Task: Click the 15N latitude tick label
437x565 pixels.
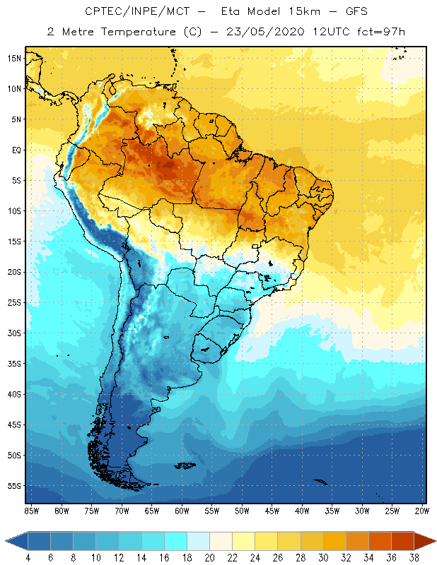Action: click(x=14, y=58)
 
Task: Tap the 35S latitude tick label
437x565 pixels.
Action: click(x=14, y=363)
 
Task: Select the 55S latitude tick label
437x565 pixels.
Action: click(x=14, y=486)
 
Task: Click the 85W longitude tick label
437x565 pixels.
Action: click(x=31, y=510)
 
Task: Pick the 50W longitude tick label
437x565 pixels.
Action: click(x=243, y=510)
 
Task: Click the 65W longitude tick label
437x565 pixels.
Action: click(x=152, y=510)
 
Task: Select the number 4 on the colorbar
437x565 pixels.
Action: click(x=28, y=557)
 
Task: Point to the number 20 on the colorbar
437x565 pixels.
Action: click(x=209, y=557)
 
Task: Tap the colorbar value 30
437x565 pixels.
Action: click(x=323, y=557)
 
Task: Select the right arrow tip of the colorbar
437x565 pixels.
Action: click(x=435, y=541)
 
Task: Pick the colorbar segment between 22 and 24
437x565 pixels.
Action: click(x=243, y=541)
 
